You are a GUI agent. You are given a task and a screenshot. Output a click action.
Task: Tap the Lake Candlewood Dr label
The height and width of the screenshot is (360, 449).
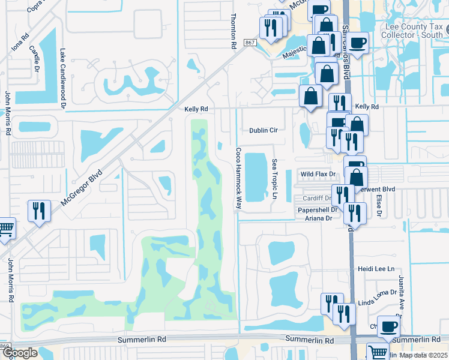click(62, 79)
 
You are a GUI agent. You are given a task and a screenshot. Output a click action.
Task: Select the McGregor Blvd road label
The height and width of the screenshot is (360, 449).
click(82, 188)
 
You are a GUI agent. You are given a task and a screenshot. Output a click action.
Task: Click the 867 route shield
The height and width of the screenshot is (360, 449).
click(250, 43)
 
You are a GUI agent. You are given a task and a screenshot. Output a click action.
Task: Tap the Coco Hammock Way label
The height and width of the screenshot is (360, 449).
click(238, 178)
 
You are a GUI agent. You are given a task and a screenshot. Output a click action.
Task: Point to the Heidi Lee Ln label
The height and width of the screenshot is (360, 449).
click(376, 269)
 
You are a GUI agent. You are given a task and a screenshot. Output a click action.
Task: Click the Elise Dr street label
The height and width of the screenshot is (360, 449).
click(379, 205)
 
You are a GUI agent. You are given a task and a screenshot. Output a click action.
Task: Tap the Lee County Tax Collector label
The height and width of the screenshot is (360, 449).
click(417, 30)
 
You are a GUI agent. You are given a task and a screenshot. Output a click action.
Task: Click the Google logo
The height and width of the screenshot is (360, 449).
click(20, 353)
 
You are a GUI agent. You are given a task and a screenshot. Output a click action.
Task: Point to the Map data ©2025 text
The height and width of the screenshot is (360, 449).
click(423, 355)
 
